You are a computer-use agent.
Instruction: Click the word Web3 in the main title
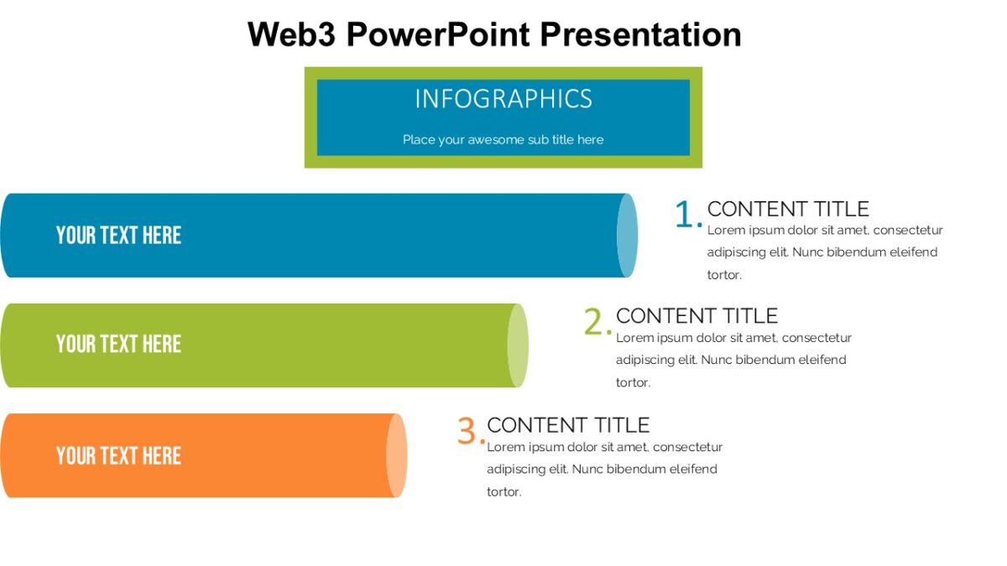(291, 35)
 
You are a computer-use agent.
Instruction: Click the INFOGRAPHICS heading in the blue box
(503, 99)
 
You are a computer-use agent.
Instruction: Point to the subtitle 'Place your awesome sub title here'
(503, 140)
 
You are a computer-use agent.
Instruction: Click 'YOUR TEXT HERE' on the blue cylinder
(118, 236)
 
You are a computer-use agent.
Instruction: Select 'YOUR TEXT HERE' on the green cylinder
(118, 344)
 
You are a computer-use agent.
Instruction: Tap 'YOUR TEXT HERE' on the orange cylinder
(118, 456)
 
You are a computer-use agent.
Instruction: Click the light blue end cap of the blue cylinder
(627, 236)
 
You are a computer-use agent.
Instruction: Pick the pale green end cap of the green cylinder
(518, 345)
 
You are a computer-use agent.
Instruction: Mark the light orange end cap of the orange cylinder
(397, 455)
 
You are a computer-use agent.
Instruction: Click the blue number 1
(686, 215)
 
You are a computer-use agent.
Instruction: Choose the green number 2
(595, 323)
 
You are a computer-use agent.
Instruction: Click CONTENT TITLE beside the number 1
(788, 209)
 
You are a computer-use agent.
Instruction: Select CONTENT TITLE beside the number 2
(697, 316)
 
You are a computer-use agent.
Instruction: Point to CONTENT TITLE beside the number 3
(568, 425)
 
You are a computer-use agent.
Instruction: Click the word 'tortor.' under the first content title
(724, 275)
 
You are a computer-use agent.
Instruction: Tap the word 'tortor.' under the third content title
(504, 492)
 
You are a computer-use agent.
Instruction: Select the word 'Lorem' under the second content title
(635, 338)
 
